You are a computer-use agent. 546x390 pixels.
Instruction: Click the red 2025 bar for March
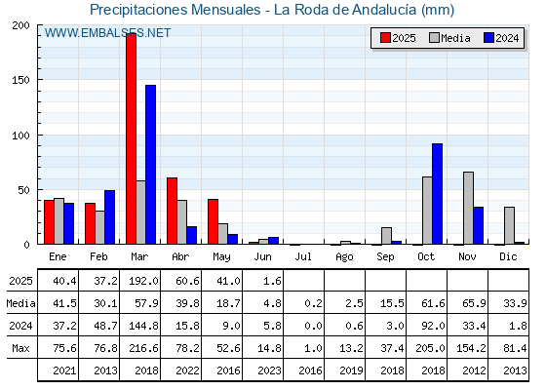point(131,138)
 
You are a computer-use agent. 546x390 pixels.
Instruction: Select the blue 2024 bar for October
point(437,194)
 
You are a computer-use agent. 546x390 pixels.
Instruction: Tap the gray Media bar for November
point(468,208)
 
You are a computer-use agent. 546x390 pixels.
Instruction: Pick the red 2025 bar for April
point(172,211)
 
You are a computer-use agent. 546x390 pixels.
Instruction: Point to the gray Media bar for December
point(509,225)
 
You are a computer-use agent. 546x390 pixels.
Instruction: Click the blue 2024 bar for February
point(109,217)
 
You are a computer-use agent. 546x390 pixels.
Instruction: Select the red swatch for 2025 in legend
point(385,38)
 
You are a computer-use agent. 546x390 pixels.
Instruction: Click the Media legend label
point(455,38)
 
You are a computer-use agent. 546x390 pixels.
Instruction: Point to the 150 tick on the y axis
point(20,80)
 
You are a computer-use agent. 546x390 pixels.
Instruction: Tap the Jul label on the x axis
point(303,256)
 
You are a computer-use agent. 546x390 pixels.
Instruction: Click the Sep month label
point(385,257)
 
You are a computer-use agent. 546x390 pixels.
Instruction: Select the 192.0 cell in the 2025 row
point(144,281)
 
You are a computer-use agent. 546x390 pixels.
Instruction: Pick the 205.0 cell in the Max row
point(430,348)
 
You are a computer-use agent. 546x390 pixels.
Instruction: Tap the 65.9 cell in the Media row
point(474,303)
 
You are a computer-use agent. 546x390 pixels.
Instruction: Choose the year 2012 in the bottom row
point(474,370)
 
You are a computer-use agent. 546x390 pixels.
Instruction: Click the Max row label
point(20,348)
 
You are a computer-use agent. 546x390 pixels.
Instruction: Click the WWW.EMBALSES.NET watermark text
point(107,33)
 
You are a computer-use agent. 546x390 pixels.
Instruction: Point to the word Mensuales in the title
point(225,10)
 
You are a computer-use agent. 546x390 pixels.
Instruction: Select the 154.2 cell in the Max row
point(471,348)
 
